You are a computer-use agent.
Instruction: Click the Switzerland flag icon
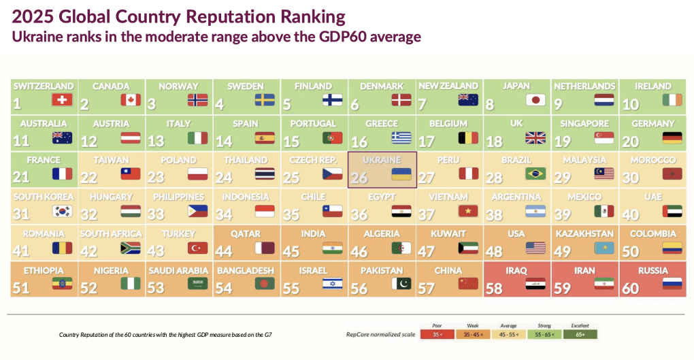coord(62,100)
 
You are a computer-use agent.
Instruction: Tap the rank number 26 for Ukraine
coord(359,177)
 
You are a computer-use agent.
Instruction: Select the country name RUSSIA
coord(652,270)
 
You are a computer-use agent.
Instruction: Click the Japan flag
coord(535,100)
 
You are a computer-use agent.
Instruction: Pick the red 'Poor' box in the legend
coord(436,334)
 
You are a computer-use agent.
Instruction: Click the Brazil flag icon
coord(535,174)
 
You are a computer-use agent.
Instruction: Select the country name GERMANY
coord(652,123)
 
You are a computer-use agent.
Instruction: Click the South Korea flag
coord(62,211)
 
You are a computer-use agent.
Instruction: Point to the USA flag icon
coord(535,248)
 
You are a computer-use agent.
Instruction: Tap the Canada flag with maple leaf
coord(130,100)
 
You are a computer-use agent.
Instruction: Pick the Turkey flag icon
coord(197,248)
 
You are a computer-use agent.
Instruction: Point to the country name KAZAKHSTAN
coord(584,233)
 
